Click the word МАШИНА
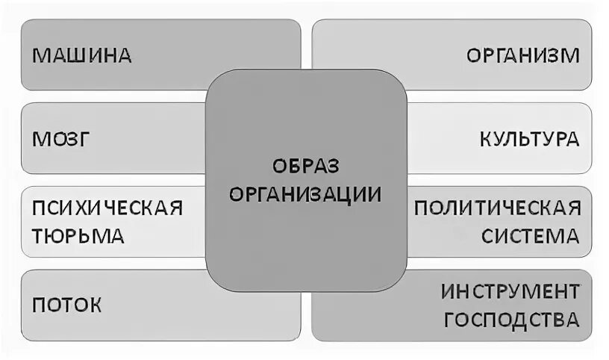click(82, 55)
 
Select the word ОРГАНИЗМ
click(522, 55)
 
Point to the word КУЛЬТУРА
click(529, 139)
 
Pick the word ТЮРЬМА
click(78, 237)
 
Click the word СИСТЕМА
click(530, 237)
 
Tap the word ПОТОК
click(67, 305)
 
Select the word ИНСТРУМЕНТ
click(510, 291)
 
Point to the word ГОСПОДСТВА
click(510, 320)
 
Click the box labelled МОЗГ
click(112, 139)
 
